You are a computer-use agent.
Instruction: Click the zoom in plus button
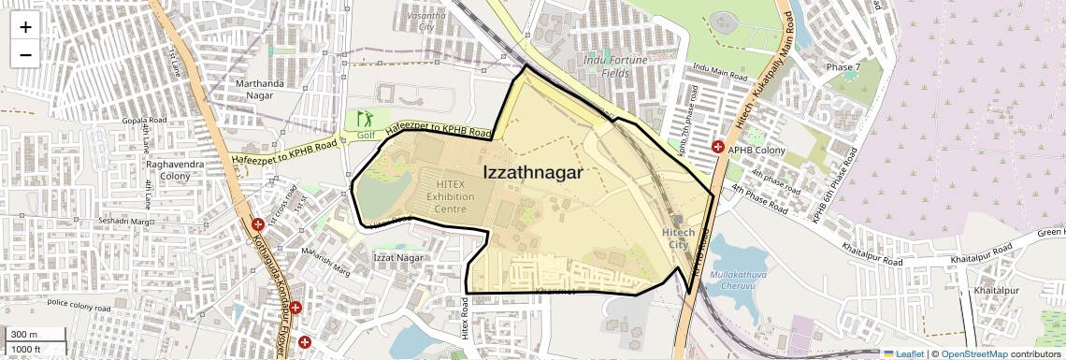point(25,27)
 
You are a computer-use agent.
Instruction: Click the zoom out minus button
point(25,54)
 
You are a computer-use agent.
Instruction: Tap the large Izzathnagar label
point(533,173)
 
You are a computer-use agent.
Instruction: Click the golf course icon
point(364,120)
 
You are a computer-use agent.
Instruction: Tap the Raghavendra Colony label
point(168,169)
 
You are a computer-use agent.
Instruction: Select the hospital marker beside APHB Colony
point(718,147)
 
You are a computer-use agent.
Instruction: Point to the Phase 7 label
point(843,67)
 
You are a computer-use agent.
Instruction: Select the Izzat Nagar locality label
point(399,257)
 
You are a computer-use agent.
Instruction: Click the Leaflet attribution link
point(904,353)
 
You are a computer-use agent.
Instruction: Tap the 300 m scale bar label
point(23,335)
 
